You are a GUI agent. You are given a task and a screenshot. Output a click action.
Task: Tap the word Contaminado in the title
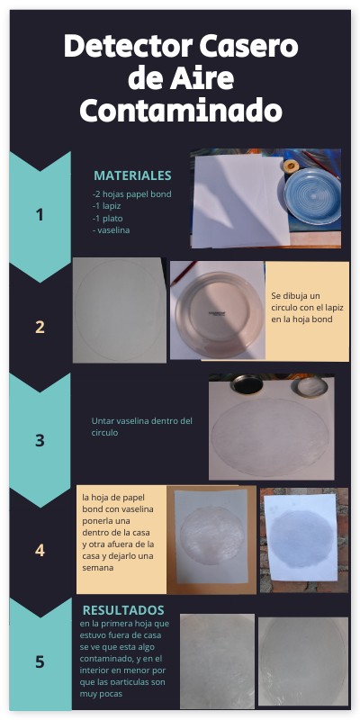(x=181, y=110)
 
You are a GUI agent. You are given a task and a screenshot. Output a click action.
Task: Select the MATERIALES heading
(x=132, y=175)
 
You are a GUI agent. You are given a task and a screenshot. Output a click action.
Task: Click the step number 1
(x=40, y=215)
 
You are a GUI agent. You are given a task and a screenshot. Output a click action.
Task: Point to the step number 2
(x=40, y=328)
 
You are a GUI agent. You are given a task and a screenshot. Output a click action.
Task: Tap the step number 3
(x=40, y=440)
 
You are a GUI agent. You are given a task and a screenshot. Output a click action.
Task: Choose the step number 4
(x=40, y=550)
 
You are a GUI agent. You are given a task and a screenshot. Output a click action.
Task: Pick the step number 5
(x=40, y=661)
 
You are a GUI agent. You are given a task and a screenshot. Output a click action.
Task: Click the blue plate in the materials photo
(x=312, y=196)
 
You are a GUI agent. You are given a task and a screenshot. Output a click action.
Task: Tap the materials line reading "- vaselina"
(x=111, y=230)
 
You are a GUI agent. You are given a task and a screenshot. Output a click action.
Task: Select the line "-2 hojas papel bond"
(x=131, y=194)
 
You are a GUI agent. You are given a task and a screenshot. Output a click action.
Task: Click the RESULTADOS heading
(x=123, y=610)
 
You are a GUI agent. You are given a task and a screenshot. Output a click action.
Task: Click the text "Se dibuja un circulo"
(x=296, y=301)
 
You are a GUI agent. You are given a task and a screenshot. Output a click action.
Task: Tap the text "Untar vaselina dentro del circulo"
(x=142, y=427)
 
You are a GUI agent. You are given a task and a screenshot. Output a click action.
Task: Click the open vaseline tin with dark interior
(x=247, y=384)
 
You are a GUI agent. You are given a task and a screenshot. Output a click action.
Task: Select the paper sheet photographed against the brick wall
(x=301, y=537)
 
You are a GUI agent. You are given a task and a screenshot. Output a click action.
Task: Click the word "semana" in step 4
(x=98, y=568)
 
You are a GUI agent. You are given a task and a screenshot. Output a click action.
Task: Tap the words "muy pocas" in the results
(x=101, y=694)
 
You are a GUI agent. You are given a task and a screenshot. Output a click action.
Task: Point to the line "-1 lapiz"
(x=106, y=206)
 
